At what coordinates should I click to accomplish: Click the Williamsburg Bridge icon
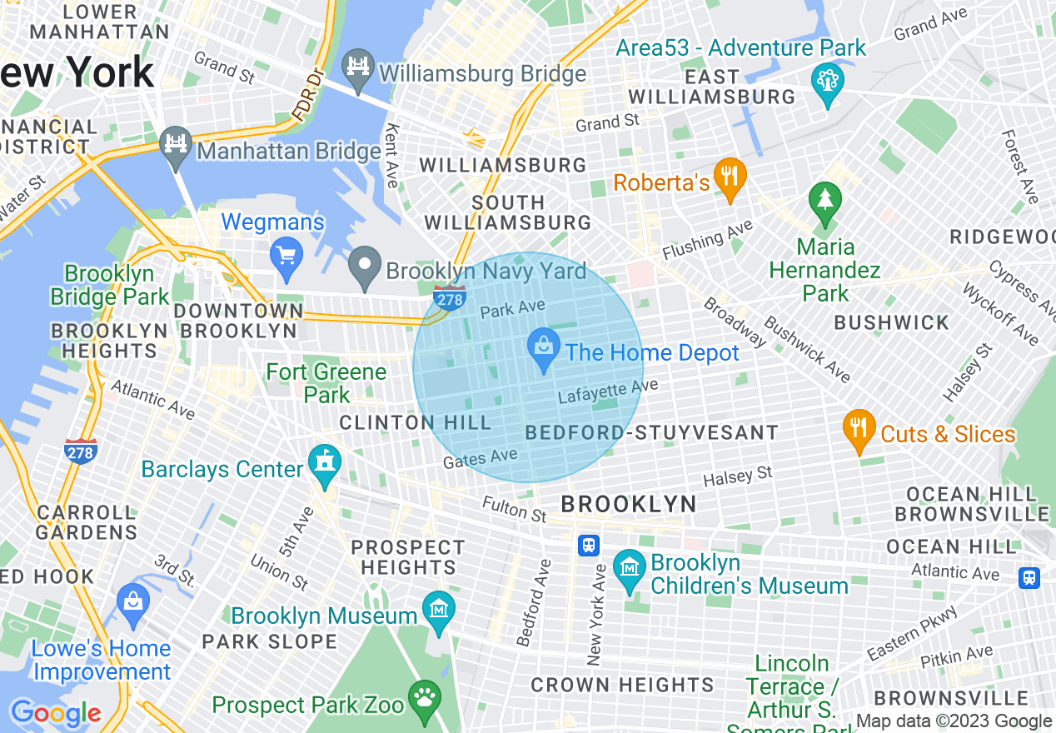pyautogui.click(x=358, y=69)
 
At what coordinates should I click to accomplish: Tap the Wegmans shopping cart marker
pyautogui.click(x=286, y=257)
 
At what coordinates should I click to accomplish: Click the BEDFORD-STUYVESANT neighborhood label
pyautogui.click(x=652, y=433)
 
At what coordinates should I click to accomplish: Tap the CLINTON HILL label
pyautogui.click(x=416, y=423)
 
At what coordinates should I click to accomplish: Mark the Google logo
pyautogui.click(x=55, y=713)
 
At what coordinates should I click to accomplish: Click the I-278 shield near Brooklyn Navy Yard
pyautogui.click(x=450, y=297)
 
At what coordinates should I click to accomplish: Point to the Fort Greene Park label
pyautogui.click(x=326, y=382)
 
